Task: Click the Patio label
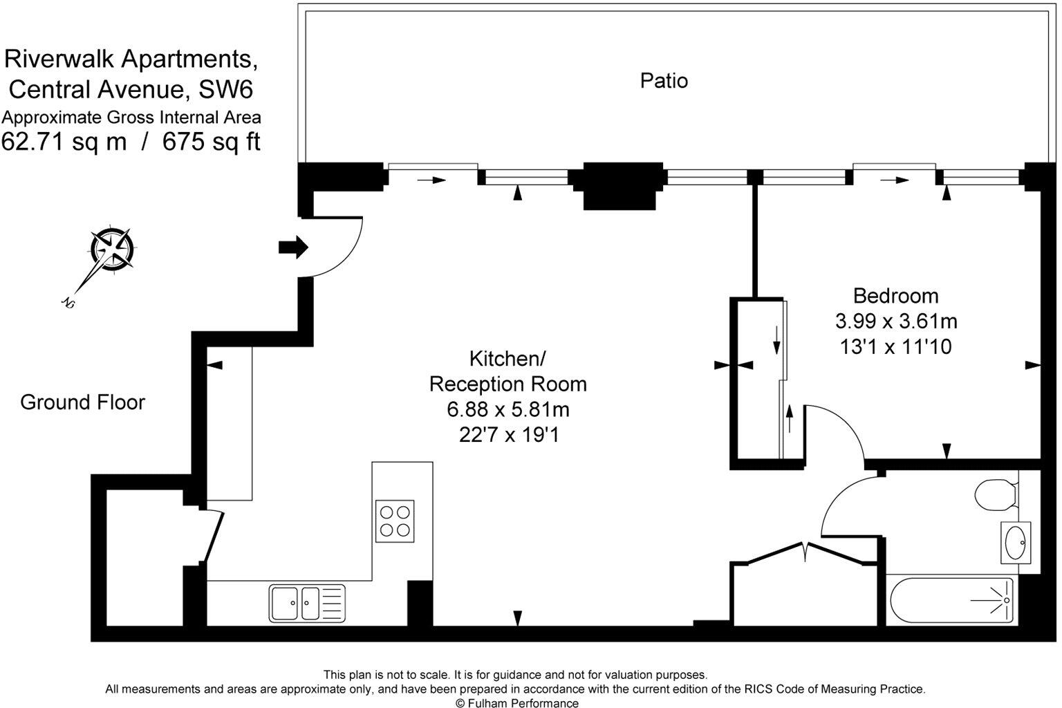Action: click(664, 81)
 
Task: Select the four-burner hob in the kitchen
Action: click(395, 521)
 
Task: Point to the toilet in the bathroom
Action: click(996, 494)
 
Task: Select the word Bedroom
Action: click(895, 296)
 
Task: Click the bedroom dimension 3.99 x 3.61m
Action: click(895, 322)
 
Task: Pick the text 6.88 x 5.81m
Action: click(508, 410)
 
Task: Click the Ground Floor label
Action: click(82, 402)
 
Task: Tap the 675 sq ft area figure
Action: click(212, 142)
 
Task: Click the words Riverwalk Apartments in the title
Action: click(131, 59)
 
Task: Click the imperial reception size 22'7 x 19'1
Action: click(508, 435)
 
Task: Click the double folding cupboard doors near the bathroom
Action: click(804, 552)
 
